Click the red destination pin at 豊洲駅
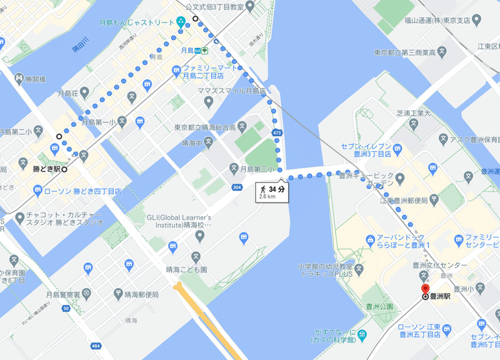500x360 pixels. pos(426,289)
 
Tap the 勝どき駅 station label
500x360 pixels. pos(46,169)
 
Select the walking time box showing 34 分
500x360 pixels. pos(272,191)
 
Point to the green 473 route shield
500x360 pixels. pos(277,133)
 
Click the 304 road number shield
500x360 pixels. pos(236,187)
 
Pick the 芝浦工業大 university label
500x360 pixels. pos(414,113)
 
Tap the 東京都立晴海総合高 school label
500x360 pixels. pos(206,127)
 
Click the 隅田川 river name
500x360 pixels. pos(82,47)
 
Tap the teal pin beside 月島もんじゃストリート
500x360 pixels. pos(181,22)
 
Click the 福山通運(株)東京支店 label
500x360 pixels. pos(436,20)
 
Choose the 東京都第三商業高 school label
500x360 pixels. pos(404,52)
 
